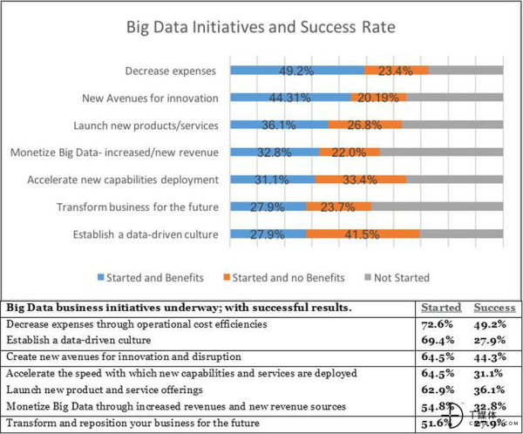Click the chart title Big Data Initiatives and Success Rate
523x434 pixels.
pos(262,28)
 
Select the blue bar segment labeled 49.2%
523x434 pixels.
pos(297,71)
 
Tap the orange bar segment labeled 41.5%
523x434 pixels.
pos(362,234)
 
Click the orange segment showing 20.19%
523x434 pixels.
pos(377,98)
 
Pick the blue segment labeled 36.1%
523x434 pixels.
pos(279,125)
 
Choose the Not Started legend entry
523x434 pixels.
pos(401,277)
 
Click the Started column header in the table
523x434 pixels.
pos(441,308)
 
